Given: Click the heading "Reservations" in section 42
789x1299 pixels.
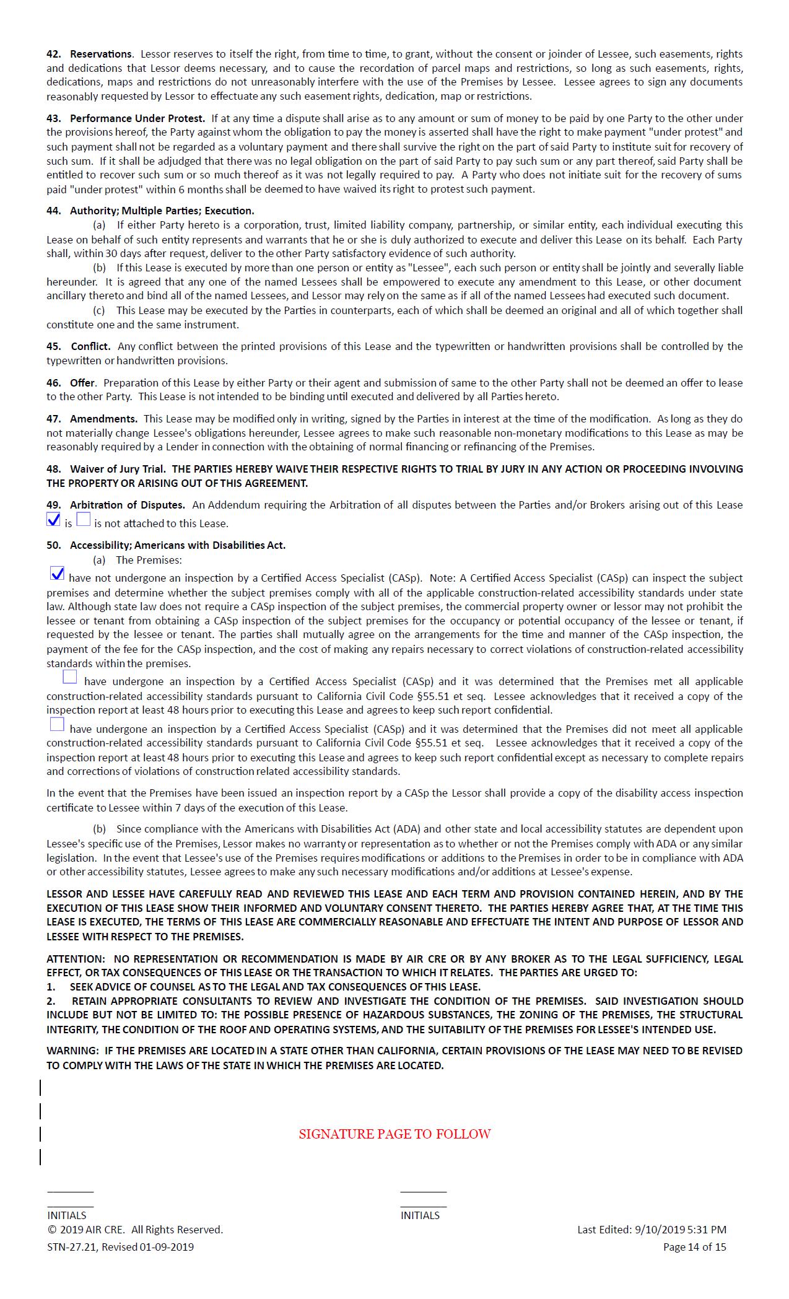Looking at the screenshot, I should pyautogui.click(x=100, y=54).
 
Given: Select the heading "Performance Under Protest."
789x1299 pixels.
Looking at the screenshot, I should pyautogui.click(x=137, y=118).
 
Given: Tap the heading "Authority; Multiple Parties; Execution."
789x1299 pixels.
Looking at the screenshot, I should pyautogui.click(x=162, y=211).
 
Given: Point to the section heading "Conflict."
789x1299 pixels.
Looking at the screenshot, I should pyautogui.click(x=90, y=346).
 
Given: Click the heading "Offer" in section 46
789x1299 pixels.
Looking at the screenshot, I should pyautogui.click(x=82, y=383).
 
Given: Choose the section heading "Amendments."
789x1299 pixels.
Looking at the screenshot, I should pyautogui.click(x=103, y=419).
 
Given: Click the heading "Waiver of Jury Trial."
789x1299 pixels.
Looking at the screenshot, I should pyautogui.click(x=118, y=469).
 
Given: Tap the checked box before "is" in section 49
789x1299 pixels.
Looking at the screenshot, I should pyautogui.click(x=53, y=520).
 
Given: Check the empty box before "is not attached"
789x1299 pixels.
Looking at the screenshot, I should pyautogui.click(x=83, y=520).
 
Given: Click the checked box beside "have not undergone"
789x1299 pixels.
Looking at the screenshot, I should pyautogui.click(x=57, y=574).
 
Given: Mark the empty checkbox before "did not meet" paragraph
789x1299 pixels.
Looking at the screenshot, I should pyautogui.click(x=57, y=724).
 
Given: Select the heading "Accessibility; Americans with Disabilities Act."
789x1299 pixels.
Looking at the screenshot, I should pyautogui.click(x=178, y=545).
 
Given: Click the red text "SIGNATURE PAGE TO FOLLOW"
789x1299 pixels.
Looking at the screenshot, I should pyautogui.click(x=394, y=1134).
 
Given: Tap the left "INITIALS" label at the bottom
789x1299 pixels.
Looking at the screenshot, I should pyautogui.click(x=67, y=1215).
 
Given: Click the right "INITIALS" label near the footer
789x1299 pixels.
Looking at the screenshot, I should pyautogui.click(x=420, y=1215).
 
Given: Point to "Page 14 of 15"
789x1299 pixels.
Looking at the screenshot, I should pyautogui.click(x=694, y=1247).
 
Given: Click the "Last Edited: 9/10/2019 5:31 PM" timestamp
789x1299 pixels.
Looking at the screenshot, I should pyautogui.click(x=652, y=1230).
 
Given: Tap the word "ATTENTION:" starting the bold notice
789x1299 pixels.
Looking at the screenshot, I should pyautogui.click(x=76, y=958).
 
